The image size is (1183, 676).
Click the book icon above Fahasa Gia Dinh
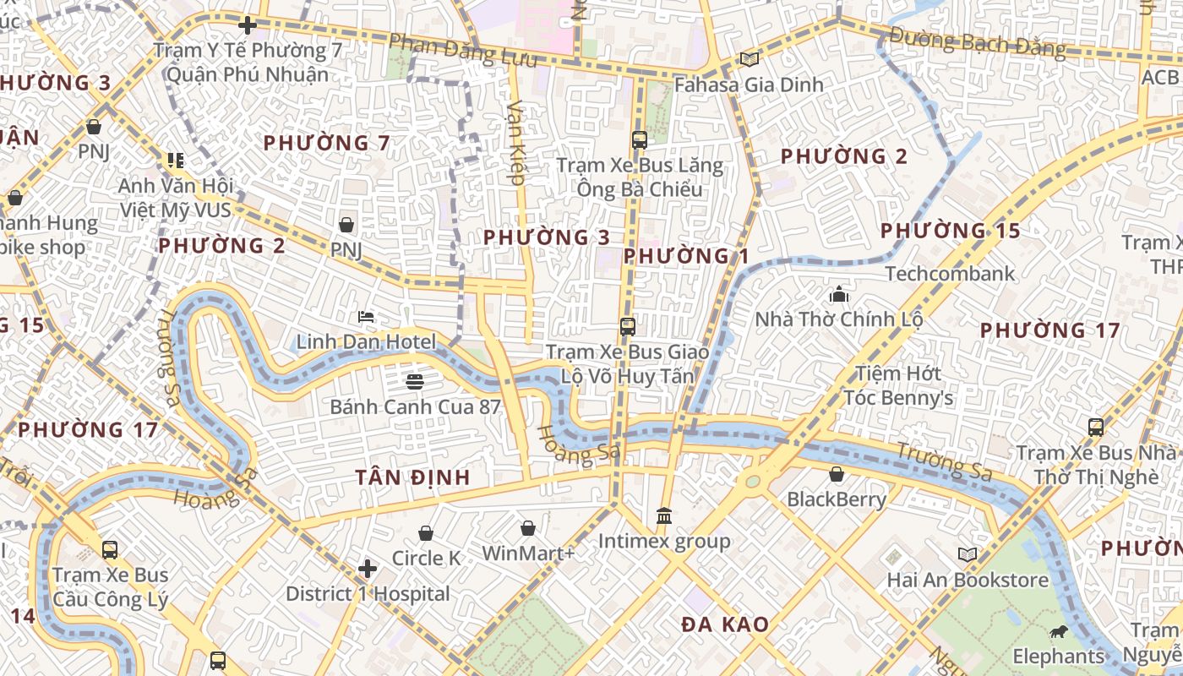click(x=749, y=59)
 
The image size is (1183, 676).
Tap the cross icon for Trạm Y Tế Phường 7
click(x=247, y=25)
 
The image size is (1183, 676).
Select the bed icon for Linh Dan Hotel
click(x=366, y=317)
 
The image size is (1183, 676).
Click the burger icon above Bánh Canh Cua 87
click(x=414, y=381)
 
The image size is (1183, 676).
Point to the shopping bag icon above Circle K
click(x=426, y=533)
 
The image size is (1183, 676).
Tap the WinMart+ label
click(x=528, y=553)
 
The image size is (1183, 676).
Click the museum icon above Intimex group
click(x=664, y=515)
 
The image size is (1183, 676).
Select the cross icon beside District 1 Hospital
click(x=367, y=569)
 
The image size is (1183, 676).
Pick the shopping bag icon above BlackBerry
click(x=837, y=474)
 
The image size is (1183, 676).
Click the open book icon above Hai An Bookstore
click(x=968, y=555)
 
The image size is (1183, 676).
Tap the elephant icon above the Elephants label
click(x=1058, y=631)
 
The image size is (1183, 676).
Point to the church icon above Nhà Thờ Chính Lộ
click(x=838, y=295)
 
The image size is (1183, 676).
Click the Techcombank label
click(x=950, y=274)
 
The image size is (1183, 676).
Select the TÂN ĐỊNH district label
click(x=412, y=477)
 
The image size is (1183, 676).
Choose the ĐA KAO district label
click(x=725, y=625)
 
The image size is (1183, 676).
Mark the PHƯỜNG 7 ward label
click(x=326, y=143)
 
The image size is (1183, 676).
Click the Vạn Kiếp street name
click(x=516, y=142)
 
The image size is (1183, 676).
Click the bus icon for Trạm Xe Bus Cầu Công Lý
click(x=110, y=550)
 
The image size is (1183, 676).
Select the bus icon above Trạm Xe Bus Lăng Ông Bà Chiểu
click(x=639, y=140)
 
